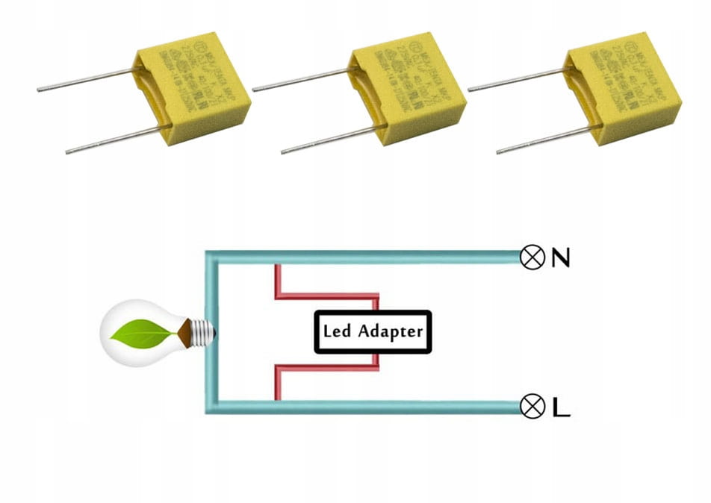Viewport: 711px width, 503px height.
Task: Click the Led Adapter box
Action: coord(373,331)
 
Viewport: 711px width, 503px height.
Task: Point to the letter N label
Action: coord(560,258)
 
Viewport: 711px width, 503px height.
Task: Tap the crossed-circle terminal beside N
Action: coord(532,258)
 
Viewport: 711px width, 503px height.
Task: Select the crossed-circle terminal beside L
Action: coord(532,407)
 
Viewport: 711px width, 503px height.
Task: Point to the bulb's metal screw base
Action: coord(200,332)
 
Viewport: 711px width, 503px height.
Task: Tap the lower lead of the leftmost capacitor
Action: coord(112,140)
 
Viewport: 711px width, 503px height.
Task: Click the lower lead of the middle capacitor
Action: coord(329,140)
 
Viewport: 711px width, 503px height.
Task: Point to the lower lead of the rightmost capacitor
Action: coord(544,140)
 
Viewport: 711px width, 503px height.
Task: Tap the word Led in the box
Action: coord(338,331)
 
